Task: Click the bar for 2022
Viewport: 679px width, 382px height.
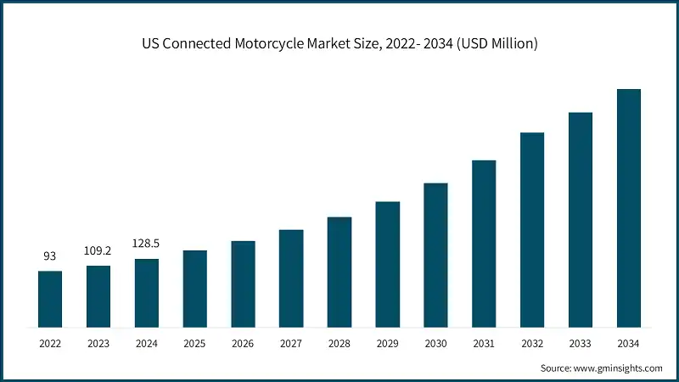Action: (x=50, y=299)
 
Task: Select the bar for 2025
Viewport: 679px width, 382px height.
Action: (x=194, y=289)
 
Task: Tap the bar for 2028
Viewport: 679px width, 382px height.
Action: (x=339, y=272)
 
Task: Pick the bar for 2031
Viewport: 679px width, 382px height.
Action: (x=484, y=244)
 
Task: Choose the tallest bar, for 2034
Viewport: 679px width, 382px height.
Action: (x=628, y=208)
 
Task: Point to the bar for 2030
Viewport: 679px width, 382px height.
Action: (x=435, y=255)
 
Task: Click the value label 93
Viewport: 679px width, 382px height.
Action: (x=50, y=256)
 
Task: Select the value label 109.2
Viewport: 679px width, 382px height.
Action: (x=98, y=251)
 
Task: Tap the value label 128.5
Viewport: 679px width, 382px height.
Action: (x=146, y=244)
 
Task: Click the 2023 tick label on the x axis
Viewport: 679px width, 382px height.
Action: (x=98, y=344)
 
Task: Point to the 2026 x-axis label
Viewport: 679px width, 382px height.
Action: (x=243, y=344)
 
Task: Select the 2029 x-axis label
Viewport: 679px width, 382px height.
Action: (x=387, y=344)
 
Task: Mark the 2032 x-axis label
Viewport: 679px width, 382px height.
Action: (x=532, y=344)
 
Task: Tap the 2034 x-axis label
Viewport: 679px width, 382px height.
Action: (x=628, y=344)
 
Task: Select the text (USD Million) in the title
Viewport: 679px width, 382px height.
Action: (x=496, y=43)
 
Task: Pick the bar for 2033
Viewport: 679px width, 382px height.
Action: (x=580, y=220)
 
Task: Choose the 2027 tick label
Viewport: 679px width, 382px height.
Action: (x=291, y=344)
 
